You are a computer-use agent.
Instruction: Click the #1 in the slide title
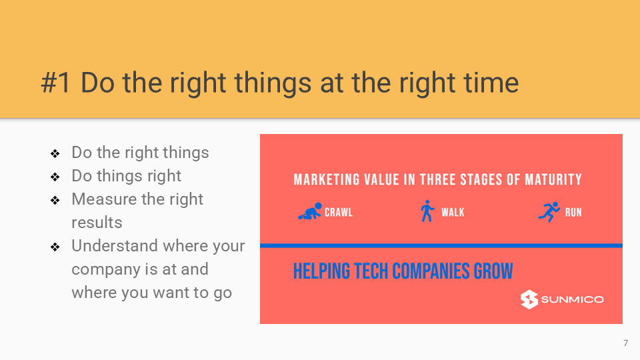click(56, 83)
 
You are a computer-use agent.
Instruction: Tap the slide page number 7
click(626, 343)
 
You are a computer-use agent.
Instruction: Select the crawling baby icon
click(310, 211)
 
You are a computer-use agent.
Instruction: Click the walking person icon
click(427, 211)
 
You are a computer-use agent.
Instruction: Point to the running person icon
click(549, 211)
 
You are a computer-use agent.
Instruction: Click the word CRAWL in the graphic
click(339, 212)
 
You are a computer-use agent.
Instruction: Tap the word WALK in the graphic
click(453, 212)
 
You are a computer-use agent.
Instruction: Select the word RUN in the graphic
click(573, 212)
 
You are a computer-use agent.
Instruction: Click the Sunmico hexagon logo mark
click(529, 299)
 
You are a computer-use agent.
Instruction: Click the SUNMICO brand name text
click(572, 299)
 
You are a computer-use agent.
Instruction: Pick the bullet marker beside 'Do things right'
click(55, 177)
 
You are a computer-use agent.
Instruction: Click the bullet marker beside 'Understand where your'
click(55, 247)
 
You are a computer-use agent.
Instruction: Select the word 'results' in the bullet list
click(97, 223)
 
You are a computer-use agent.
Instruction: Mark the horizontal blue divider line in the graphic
click(441, 246)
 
